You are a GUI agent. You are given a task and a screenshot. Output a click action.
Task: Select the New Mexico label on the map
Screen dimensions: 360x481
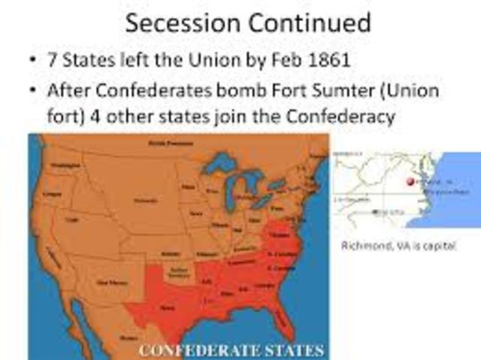tap(107, 283)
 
